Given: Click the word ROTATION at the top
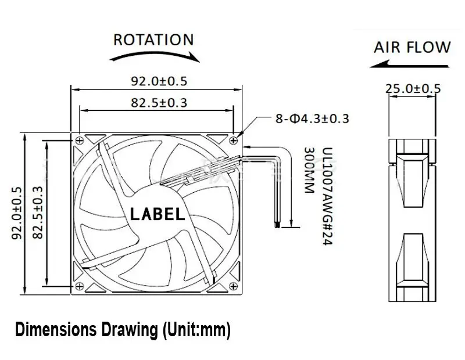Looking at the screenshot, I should [x=153, y=39].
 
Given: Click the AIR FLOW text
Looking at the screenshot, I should [x=412, y=47].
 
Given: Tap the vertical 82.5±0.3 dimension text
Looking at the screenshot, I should [x=38, y=213].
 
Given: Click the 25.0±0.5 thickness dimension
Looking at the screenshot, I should [x=413, y=89].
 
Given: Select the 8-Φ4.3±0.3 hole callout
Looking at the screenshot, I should [x=312, y=119].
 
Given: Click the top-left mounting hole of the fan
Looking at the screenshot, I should [x=78, y=139].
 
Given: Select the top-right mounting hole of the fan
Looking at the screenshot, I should [x=234, y=139].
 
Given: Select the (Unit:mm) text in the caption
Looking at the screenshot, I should [x=194, y=332].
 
